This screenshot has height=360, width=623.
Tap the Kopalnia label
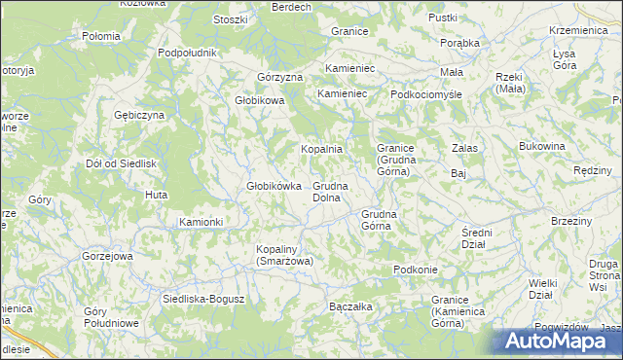click(320, 149)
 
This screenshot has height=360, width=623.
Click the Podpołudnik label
click(186, 52)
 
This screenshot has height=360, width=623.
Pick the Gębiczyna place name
click(140, 115)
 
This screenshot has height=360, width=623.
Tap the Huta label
click(156, 196)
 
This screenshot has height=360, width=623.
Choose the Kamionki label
click(201, 222)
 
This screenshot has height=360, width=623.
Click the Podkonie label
click(415, 270)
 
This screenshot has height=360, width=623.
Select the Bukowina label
click(542, 146)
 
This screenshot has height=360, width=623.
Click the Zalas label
click(463, 148)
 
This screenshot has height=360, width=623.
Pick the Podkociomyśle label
click(425, 94)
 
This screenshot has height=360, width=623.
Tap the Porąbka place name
click(459, 43)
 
